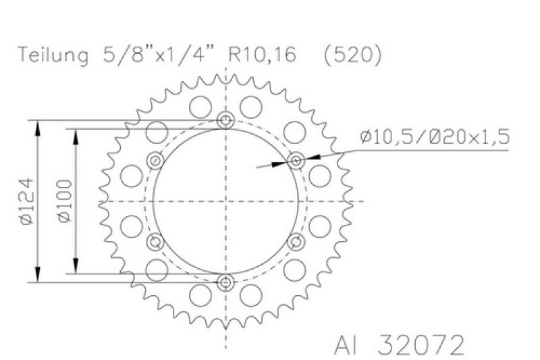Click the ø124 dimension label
tap(25, 201)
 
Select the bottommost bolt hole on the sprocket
tap(226, 282)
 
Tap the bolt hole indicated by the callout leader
tap(296, 161)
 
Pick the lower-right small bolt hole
tap(296, 241)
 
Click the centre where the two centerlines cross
tap(226, 201)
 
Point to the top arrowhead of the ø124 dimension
tap(37, 126)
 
